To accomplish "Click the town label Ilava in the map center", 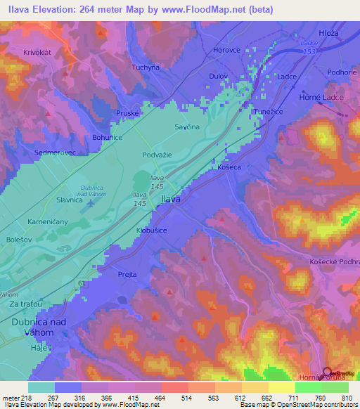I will coord(171,200).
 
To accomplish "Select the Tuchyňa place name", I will coord(146,67).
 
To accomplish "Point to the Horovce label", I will coord(228,51).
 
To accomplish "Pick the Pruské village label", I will coord(128,112).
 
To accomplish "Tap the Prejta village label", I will coord(127,274).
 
